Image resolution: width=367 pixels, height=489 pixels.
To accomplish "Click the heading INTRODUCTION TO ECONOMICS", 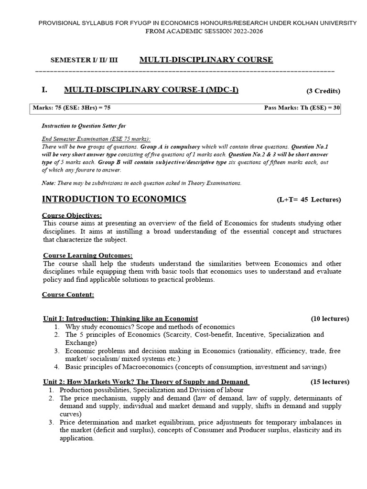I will tap(114, 199).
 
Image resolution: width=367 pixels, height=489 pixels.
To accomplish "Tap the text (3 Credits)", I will tap(323, 91).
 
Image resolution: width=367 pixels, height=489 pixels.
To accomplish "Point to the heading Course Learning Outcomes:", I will tap(88, 255).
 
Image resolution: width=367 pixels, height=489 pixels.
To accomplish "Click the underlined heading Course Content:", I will tap(68, 295).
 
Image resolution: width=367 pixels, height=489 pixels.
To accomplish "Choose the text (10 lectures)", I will tap(330, 319).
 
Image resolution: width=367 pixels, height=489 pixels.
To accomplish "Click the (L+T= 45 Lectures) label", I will tap(309, 200).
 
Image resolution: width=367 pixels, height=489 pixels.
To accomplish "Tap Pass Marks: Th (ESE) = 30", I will tap(302, 108).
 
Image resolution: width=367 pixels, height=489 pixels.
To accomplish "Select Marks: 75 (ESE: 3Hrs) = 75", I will tap(72, 108).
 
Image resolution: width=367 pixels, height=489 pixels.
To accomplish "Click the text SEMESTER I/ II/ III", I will tap(84, 60).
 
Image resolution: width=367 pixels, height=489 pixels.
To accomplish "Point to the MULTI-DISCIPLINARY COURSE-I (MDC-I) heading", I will tap(151, 90).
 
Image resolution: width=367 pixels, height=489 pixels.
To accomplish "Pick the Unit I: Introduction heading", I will tap(120, 319).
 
